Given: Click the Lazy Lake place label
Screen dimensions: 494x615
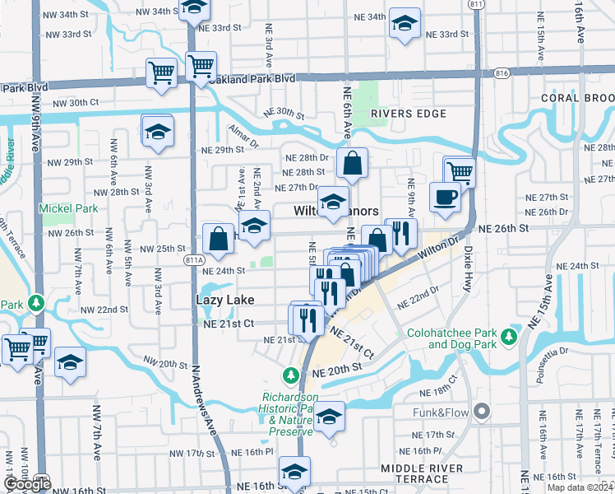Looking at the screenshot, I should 224,301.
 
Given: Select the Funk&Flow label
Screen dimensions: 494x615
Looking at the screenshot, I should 444,410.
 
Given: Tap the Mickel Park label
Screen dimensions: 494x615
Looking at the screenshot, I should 68,208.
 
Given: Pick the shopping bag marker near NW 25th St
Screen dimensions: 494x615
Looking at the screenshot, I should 219,240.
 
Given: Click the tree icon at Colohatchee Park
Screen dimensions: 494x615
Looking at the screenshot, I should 510,335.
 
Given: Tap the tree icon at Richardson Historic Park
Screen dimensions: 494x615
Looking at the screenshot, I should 290,376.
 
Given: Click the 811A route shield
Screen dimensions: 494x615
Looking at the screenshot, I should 195,259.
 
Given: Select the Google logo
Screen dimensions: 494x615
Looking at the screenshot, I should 27,484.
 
